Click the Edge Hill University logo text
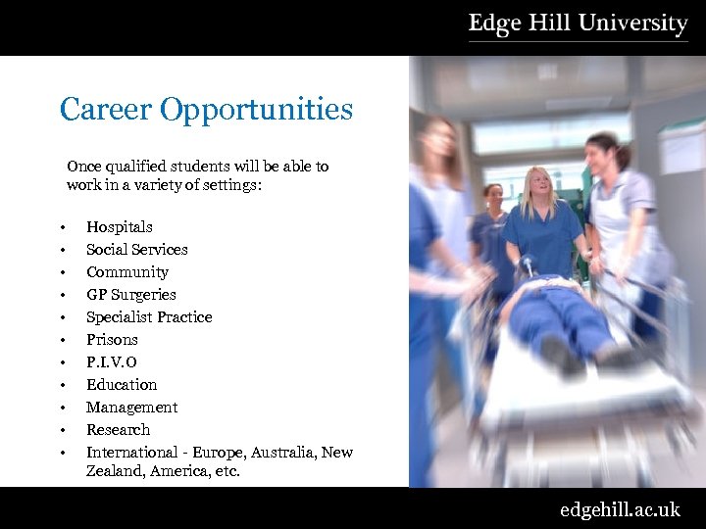[578, 24]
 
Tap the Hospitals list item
[119, 226]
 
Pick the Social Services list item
[136, 249]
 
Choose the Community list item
[126, 271]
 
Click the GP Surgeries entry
[130, 294]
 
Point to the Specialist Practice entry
[148, 316]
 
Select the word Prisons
[112, 339]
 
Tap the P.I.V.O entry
[111, 361]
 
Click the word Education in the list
[121, 384]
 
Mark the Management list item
[131, 407]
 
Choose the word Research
[118, 429]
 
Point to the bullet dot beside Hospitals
[62, 228]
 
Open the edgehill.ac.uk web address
[619, 509]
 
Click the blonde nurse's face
[539, 184]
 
